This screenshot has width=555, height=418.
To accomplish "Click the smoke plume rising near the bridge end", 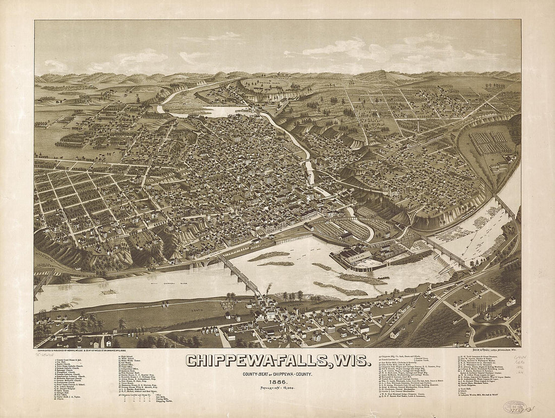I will point(268,288).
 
